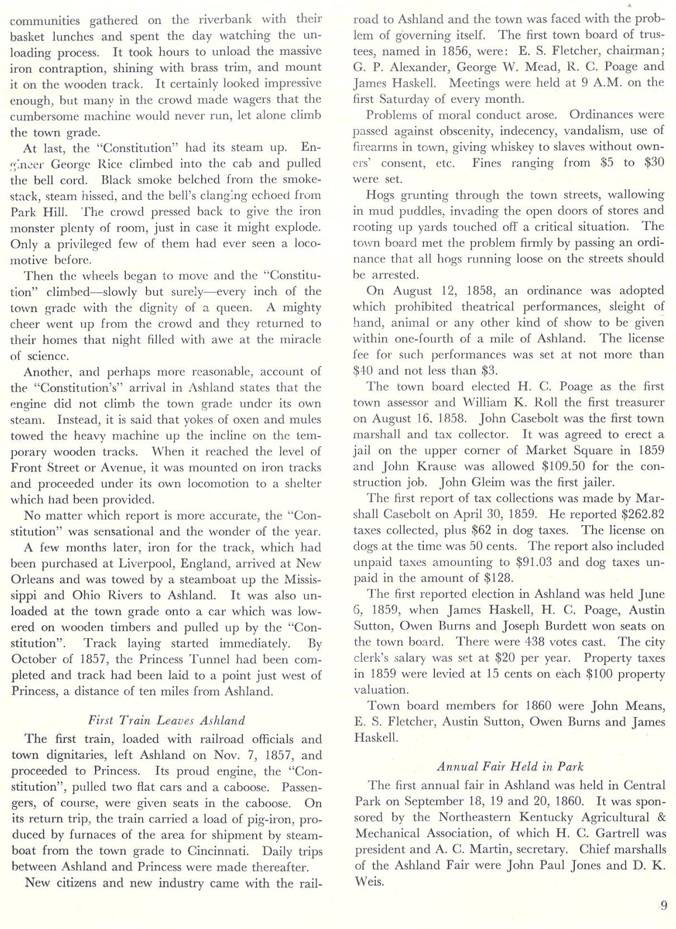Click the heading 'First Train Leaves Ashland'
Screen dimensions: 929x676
[166, 720]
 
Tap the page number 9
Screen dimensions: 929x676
[663, 905]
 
